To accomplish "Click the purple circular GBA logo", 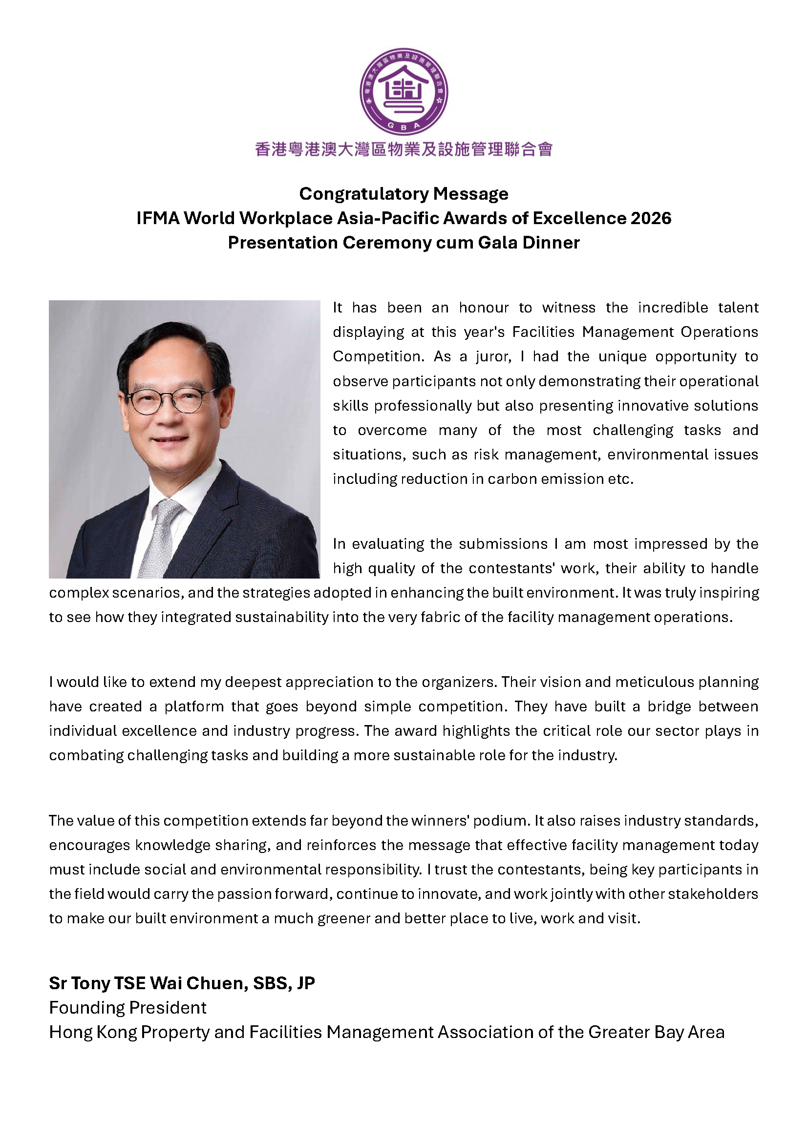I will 404,92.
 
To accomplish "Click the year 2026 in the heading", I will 651,218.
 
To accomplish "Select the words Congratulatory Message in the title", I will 404,194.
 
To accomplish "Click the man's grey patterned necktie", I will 161,537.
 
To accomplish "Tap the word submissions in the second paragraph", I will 503,544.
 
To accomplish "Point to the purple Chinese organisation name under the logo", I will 404,149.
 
